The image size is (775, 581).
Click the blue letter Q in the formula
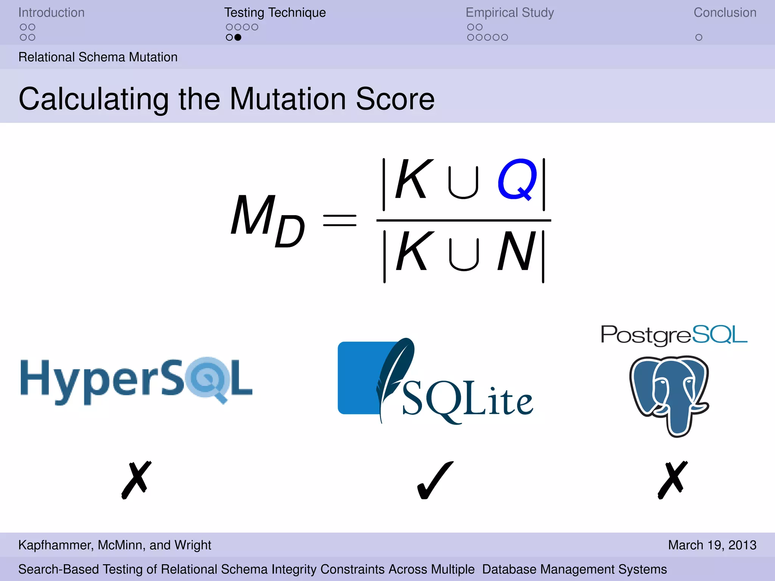(517, 179)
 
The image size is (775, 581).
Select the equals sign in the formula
(339, 220)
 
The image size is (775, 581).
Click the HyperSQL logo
(136, 380)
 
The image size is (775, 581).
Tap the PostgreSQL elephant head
(669, 395)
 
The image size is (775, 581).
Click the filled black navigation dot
(238, 37)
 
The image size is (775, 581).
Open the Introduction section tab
(51, 13)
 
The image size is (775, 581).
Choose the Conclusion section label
(725, 13)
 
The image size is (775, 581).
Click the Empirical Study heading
(509, 13)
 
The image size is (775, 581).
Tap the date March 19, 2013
(712, 545)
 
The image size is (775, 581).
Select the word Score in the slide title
(395, 99)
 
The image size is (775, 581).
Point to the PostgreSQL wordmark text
(674, 335)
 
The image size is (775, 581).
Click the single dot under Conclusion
(699, 37)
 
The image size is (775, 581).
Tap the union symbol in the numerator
(463, 183)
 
